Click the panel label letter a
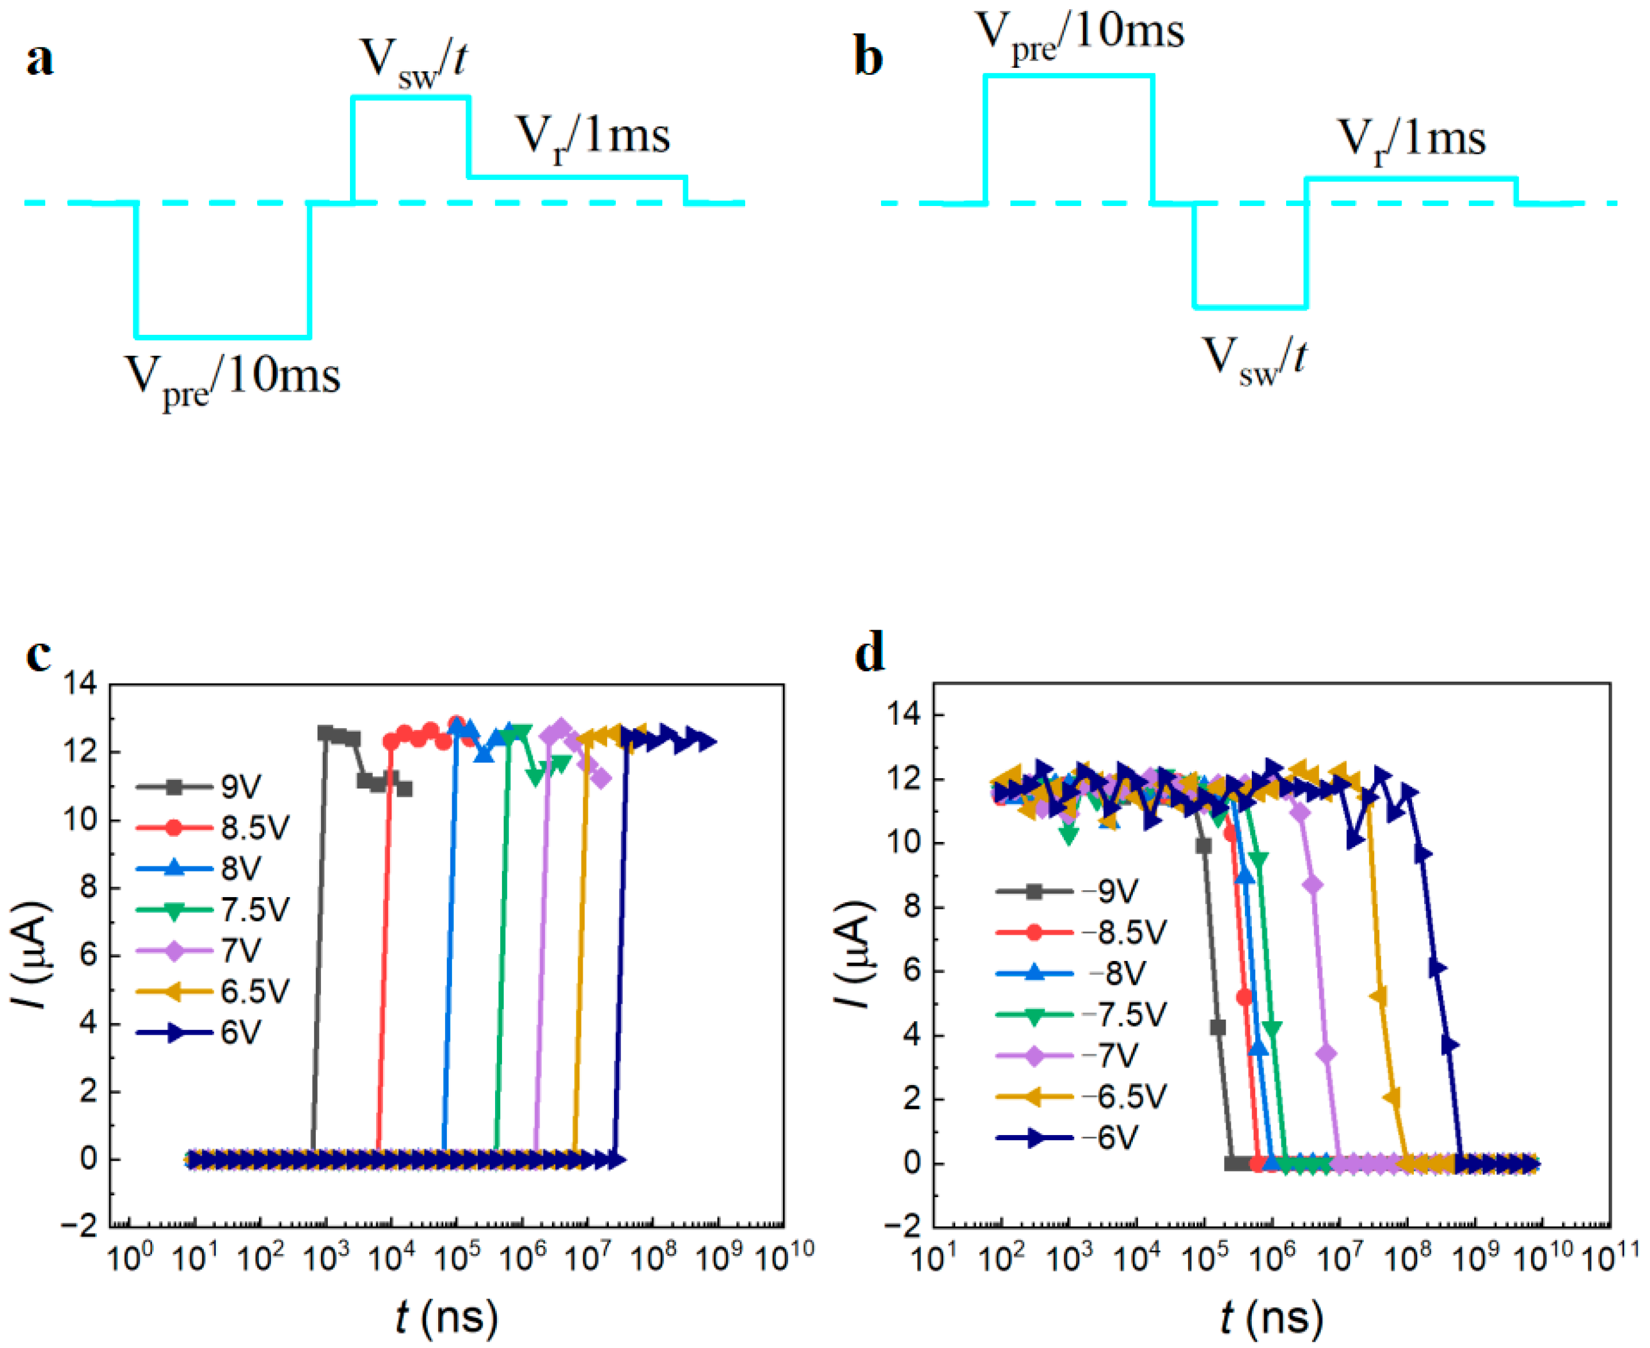tap(41, 60)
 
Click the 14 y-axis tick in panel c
tap(81, 684)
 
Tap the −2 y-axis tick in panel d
tap(901, 1226)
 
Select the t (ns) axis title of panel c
tap(446, 1316)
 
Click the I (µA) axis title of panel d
tap(854, 955)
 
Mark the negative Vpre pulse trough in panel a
tap(223, 337)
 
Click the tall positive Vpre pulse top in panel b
tap(1068, 75)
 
